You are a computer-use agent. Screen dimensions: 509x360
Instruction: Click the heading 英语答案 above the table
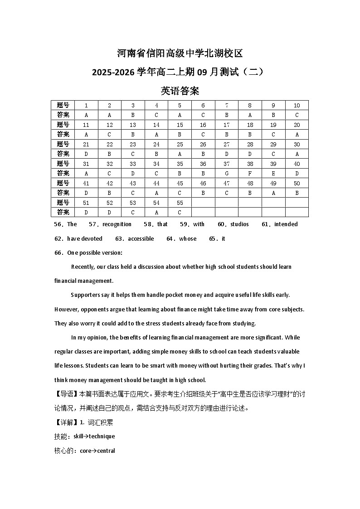tap(180, 91)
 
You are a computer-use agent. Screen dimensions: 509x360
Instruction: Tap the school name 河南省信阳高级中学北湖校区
tap(180, 53)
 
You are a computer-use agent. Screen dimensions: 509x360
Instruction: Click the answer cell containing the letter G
tap(226, 173)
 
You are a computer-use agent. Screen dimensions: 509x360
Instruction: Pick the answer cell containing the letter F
tap(250, 173)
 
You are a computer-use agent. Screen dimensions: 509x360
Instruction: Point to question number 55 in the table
tap(180, 203)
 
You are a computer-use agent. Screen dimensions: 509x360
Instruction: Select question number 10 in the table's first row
tap(297, 106)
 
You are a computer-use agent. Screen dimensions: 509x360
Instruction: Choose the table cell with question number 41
tap(86, 183)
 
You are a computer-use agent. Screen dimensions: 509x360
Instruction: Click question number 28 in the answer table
tap(250, 144)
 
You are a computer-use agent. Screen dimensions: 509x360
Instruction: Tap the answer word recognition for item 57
tap(117, 224)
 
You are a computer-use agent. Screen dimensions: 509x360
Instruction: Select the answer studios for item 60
tap(239, 224)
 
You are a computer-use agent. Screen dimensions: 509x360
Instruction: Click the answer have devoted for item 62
tap(85, 239)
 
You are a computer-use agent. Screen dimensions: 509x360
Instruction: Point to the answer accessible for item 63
tap(141, 239)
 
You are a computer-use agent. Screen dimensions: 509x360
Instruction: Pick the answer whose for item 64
tap(188, 239)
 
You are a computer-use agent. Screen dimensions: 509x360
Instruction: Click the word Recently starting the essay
tap(83, 267)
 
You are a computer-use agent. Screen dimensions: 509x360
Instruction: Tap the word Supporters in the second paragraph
tap(84, 295)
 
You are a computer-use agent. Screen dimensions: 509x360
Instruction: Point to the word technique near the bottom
tap(102, 436)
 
